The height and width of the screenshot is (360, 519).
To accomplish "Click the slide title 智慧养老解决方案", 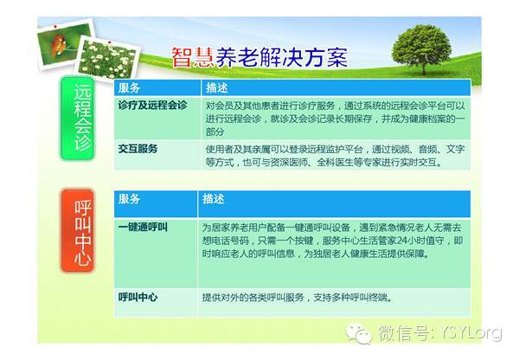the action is tap(259, 57).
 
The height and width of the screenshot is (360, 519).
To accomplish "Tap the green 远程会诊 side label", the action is tap(78, 119).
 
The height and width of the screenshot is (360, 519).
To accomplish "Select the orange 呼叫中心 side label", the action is tap(78, 231).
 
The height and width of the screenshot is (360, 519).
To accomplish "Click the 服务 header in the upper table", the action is tap(129, 87).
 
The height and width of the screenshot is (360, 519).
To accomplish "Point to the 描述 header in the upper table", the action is tap(216, 87).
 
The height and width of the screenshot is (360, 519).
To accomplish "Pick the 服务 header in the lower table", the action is tap(129, 199).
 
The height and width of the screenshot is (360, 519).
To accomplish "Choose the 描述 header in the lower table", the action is tap(213, 199).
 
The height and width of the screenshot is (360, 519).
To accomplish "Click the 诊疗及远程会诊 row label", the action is tap(152, 105).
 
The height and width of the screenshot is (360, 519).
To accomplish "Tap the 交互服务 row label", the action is tap(138, 149).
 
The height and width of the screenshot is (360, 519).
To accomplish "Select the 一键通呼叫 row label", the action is tap(143, 228).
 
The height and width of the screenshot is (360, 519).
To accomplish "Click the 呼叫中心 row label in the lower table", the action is tap(138, 297).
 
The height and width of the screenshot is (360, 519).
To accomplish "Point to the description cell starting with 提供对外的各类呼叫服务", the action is tap(298, 298).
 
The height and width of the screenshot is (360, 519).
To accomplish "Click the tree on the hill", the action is tap(422, 48).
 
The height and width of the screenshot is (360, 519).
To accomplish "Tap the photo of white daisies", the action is tap(108, 59).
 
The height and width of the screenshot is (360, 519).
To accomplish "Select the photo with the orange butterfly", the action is tap(65, 45).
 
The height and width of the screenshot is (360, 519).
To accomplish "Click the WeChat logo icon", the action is tap(358, 333).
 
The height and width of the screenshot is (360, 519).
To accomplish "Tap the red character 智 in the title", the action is tap(182, 57).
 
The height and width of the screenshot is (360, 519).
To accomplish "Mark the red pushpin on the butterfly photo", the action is tap(55, 26).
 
